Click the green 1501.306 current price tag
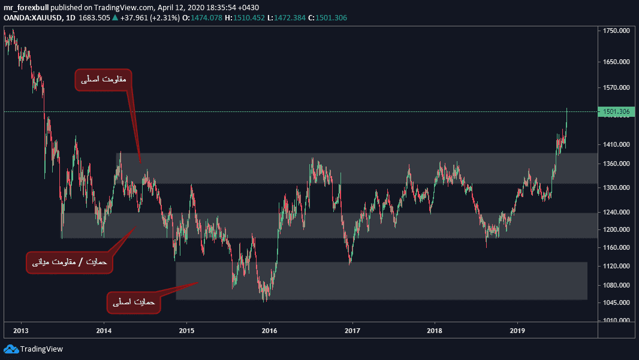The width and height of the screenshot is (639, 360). click(x=615, y=112)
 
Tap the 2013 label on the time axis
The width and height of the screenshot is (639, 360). click(x=21, y=330)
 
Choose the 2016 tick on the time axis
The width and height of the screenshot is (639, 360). click(x=270, y=330)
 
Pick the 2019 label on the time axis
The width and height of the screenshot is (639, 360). click(x=518, y=330)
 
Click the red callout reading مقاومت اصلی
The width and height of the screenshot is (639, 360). click(x=104, y=79)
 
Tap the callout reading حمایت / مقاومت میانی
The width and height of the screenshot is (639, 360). click(x=68, y=262)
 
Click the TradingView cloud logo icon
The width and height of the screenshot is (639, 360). click(x=11, y=349)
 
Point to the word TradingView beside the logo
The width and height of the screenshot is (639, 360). click(x=41, y=349)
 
